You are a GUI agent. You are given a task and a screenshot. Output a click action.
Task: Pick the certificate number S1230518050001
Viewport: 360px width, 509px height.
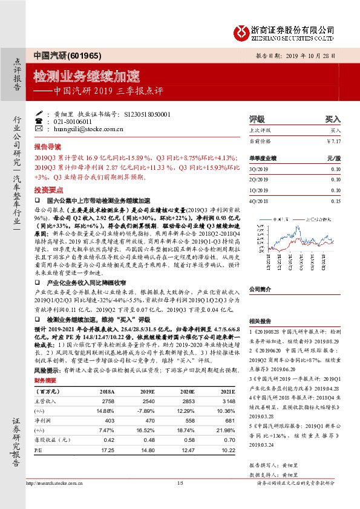click(x=148, y=114)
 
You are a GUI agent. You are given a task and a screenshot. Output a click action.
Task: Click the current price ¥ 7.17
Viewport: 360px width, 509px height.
click(x=333, y=141)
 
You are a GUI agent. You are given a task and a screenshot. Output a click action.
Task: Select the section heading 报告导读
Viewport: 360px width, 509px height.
click(x=48, y=147)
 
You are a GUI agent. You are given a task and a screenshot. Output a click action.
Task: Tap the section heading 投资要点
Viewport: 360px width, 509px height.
click(x=48, y=189)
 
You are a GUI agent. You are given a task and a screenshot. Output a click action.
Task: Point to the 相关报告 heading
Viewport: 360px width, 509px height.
click(x=261, y=321)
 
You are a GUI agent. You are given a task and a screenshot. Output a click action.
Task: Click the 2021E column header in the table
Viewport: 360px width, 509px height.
click(x=220, y=392)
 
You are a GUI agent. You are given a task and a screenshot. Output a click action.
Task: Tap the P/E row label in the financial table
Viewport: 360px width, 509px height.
click(x=38, y=450)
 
